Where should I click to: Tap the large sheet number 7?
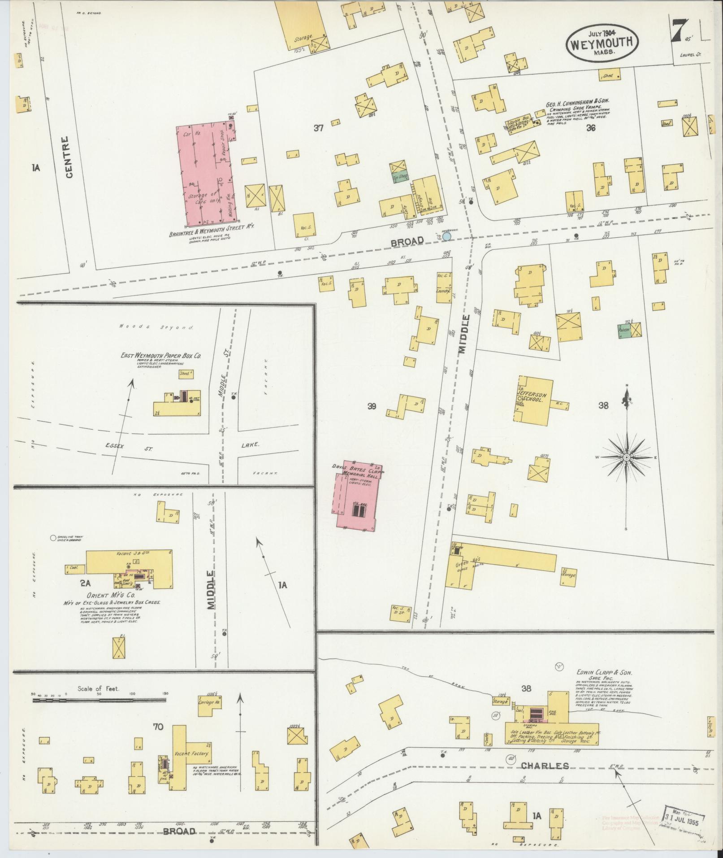click(x=680, y=31)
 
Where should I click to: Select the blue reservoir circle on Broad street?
click(x=446, y=235)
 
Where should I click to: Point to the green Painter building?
click(x=624, y=329)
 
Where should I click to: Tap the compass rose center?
click(x=626, y=457)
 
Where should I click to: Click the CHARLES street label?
click(x=545, y=766)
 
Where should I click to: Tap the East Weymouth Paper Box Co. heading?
click(x=160, y=355)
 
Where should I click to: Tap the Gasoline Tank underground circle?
click(x=53, y=537)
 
